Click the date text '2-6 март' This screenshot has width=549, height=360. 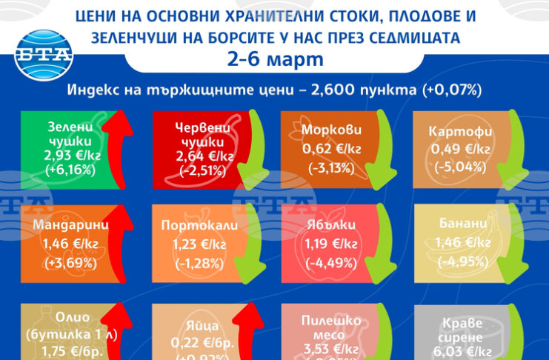274,59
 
